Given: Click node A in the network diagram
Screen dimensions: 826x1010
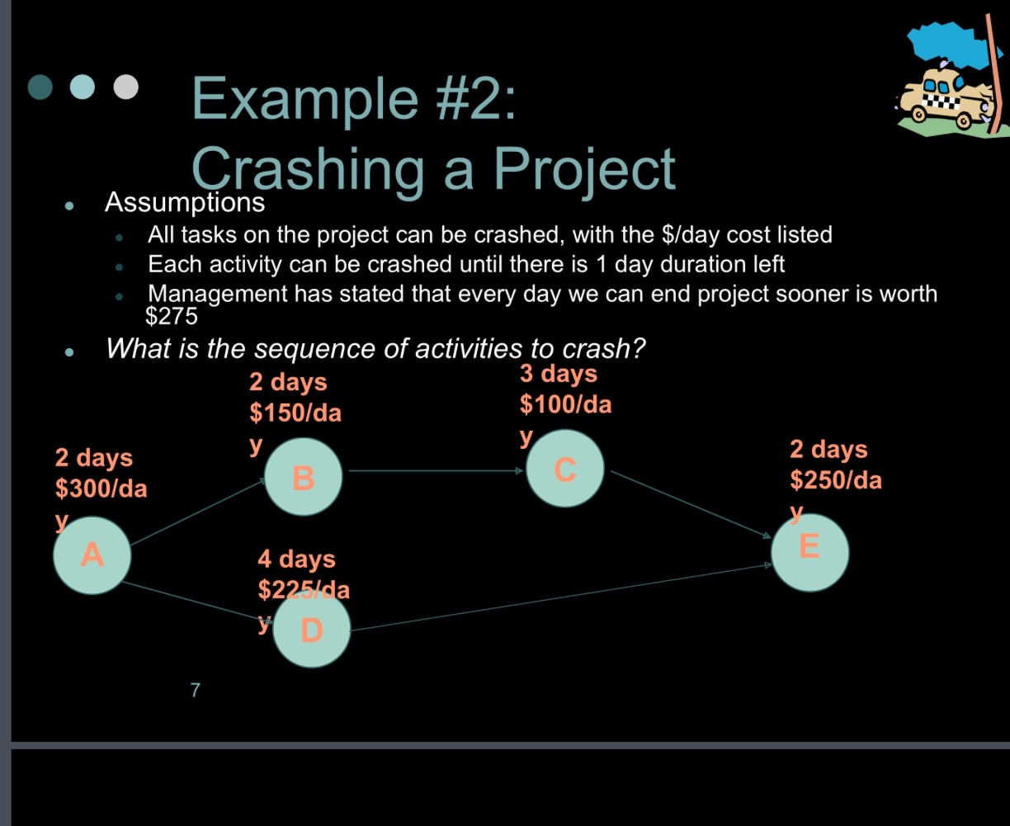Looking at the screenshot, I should [92, 555].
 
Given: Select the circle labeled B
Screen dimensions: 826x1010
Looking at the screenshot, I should [303, 477].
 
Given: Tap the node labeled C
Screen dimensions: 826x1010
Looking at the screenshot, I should [564, 469].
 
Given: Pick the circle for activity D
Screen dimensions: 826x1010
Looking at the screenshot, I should [311, 630].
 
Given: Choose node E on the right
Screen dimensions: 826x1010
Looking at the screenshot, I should [809, 552].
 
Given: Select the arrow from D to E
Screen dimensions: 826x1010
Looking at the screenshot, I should [561, 597].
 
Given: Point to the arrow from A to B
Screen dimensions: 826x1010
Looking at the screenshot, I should [198, 512].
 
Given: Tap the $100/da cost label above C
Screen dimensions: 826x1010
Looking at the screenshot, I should [565, 405].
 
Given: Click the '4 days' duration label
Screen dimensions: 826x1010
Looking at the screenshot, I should [296, 559].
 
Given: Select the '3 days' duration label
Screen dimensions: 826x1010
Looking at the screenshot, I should [558, 374].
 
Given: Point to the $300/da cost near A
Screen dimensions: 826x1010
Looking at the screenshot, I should [101, 489].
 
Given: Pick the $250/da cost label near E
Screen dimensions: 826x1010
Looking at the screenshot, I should [835, 479].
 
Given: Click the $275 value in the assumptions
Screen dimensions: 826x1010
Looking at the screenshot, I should [171, 315].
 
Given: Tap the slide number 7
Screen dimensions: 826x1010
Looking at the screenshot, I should [195, 691].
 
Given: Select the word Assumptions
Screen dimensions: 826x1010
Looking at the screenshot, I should [185, 201].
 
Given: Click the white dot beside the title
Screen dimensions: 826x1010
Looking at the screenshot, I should [125, 86].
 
